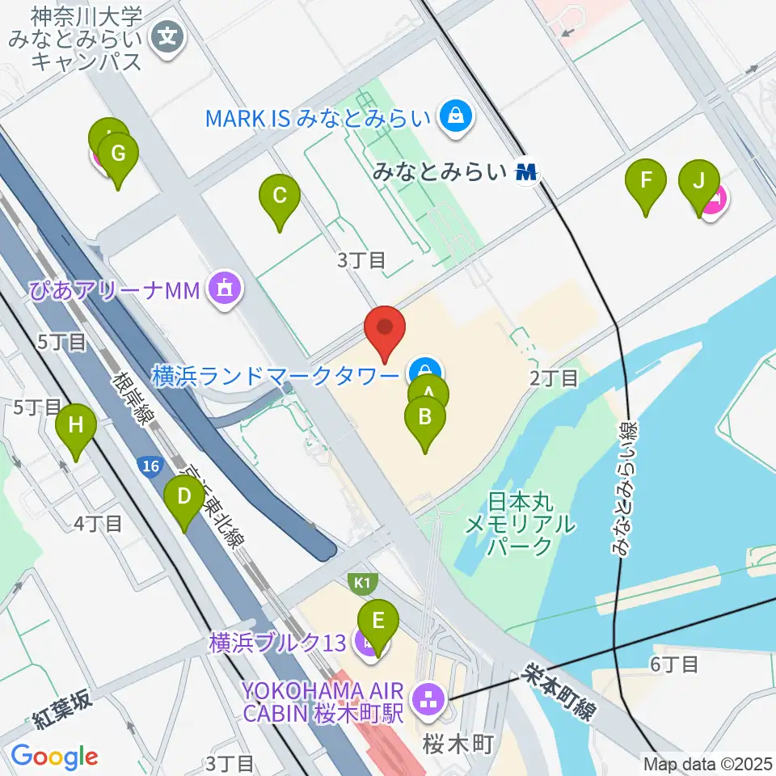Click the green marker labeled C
coord(280,196)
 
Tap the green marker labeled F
coord(645,180)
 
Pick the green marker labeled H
coord(75,425)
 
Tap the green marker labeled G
coord(118,154)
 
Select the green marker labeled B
coord(424,418)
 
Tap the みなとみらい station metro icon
coord(528,171)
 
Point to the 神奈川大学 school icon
coord(168,36)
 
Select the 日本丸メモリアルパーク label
coord(520,523)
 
